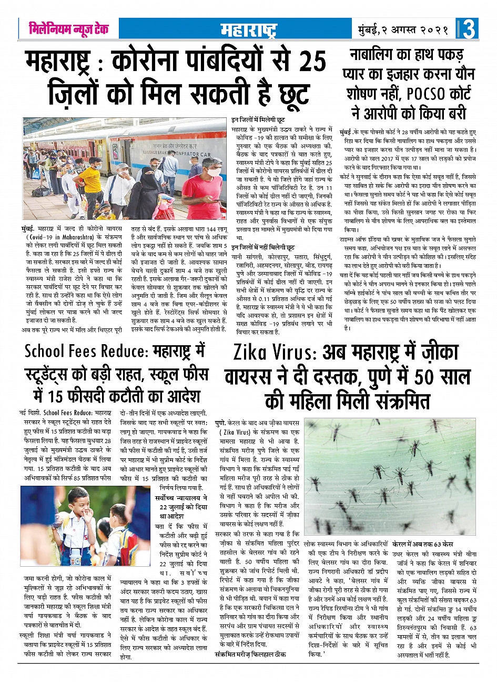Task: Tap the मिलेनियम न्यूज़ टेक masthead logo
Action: click(69, 29)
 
